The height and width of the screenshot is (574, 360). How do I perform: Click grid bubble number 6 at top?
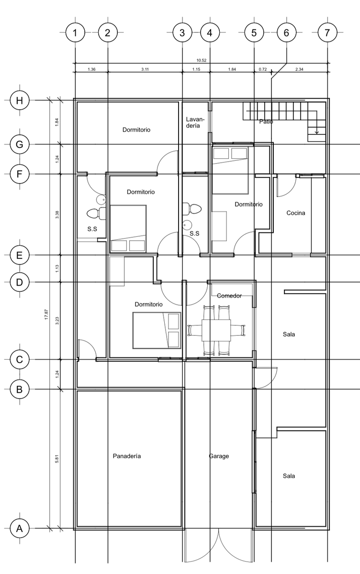[286, 33]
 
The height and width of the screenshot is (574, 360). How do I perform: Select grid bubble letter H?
[20, 100]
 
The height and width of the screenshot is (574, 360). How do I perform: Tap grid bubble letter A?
[20, 529]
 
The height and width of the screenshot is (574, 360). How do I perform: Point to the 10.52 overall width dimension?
[201, 60]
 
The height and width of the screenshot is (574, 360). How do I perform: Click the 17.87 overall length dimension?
[46, 314]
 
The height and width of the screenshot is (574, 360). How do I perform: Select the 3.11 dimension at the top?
[145, 69]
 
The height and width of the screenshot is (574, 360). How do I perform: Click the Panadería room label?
[127, 456]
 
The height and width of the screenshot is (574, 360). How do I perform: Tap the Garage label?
[219, 456]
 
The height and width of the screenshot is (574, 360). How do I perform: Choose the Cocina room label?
[296, 213]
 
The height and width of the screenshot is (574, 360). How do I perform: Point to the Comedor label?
[229, 296]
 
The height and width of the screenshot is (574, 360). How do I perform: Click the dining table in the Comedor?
[216, 330]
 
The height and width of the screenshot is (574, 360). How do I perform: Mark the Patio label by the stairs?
[266, 121]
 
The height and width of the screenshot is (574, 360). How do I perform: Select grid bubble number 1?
[75, 33]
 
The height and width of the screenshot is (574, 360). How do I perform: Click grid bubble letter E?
[20, 255]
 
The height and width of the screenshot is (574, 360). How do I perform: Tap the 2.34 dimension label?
[299, 69]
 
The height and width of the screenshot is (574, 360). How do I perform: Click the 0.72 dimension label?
[262, 69]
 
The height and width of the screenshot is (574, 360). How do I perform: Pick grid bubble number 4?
[210, 33]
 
